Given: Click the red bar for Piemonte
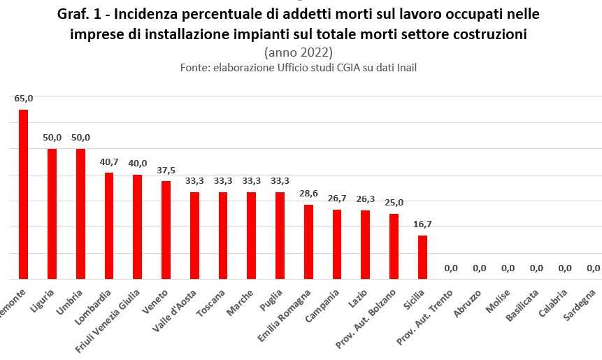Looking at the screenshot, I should point(23,194).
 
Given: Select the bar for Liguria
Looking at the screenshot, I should point(52,213).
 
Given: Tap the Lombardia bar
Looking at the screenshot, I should point(109,225).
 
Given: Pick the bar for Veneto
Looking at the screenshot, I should point(166,229).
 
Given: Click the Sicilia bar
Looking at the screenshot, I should point(422,257).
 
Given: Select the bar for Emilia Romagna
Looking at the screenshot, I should point(308,241).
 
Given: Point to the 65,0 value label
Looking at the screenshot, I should point(24,99).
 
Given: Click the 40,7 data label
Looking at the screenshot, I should point(109,161).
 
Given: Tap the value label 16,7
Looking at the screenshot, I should point(422,224).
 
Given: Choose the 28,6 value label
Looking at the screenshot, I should point(308,194).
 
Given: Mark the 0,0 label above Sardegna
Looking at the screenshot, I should point(593,268).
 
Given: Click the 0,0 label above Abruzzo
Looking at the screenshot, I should point(479,268).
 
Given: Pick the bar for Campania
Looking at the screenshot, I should point(337,244).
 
